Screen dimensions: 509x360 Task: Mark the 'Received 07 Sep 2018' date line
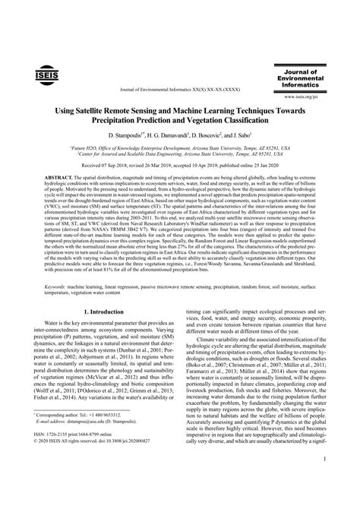pos(180,165)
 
